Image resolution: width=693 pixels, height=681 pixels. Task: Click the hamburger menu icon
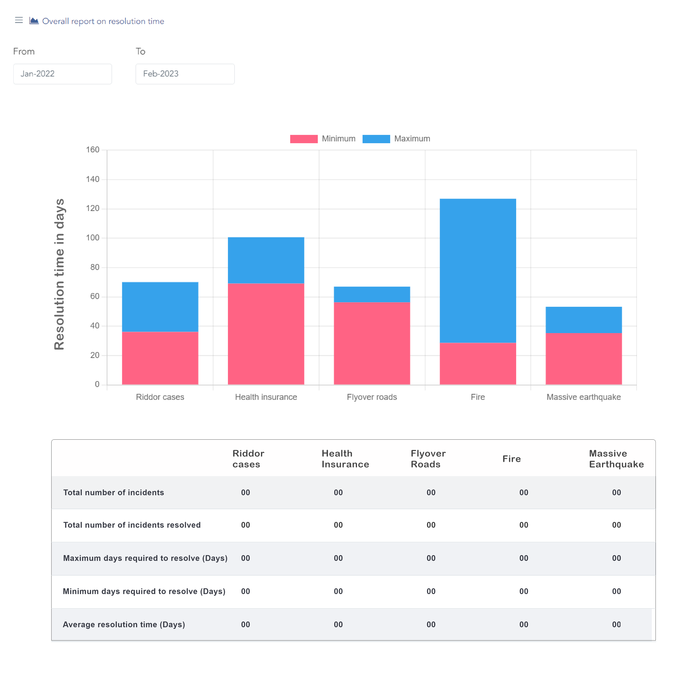click(19, 20)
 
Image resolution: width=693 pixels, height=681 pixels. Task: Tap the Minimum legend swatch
click(304, 139)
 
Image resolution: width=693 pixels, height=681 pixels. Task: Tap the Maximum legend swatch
click(376, 139)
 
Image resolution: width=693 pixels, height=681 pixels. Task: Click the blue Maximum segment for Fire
click(478, 270)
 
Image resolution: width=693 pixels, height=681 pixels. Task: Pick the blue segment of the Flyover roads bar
click(372, 294)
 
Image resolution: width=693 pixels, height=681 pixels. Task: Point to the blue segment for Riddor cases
click(160, 307)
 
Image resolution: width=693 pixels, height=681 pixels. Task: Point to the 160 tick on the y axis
click(93, 150)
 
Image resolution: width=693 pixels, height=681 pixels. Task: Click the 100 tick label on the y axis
click(93, 238)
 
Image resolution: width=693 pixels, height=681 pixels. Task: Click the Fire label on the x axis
click(478, 397)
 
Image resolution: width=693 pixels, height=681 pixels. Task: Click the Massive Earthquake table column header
click(616, 459)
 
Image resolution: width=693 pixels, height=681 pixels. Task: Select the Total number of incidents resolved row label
click(132, 525)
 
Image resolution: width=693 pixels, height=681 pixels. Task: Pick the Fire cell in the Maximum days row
click(523, 558)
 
